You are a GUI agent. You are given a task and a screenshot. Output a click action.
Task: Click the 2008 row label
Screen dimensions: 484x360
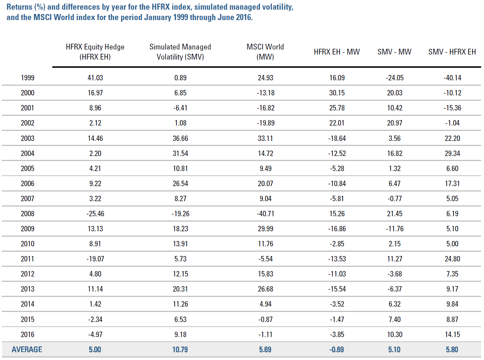pyautogui.click(x=28, y=213)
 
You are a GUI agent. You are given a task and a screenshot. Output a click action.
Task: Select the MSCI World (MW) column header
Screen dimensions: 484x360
pyautogui.click(x=265, y=52)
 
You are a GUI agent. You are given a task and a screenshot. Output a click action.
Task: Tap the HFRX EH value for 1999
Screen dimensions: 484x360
pyautogui.click(x=95, y=78)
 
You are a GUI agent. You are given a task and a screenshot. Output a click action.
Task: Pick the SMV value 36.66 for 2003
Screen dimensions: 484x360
pyautogui.click(x=180, y=138)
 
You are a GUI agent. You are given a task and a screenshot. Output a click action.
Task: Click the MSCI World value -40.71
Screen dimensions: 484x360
pyautogui.click(x=265, y=213)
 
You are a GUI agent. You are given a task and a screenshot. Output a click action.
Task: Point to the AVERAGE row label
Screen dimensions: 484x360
pyautogui.click(x=27, y=349)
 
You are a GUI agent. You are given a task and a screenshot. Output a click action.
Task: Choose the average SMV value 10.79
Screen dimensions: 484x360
pyautogui.click(x=180, y=349)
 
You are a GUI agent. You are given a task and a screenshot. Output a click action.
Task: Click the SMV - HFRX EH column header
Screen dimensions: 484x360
pyautogui.click(x=452, y=52)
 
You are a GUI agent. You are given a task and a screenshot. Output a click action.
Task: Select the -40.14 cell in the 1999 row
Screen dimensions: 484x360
pyautogui.click(x=452, y=78)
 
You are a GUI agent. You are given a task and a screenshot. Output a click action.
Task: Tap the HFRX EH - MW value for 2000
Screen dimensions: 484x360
pyautogui.click(x=337, y=93)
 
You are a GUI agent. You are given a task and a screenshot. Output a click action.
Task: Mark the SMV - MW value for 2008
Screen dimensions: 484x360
pyautogui.click(x=394, y=213)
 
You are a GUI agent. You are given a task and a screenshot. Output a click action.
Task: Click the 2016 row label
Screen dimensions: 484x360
pyautogui.click(x=28, y=334)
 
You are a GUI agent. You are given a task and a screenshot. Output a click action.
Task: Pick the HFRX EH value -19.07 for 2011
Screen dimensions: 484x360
pyautogui.click(x=95, y=259)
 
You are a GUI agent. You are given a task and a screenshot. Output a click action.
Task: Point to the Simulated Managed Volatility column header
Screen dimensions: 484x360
pyautogui.click(x=180, y=52)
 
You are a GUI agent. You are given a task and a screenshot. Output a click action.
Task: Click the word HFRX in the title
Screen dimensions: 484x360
pyautogui.click(x=161, y=7)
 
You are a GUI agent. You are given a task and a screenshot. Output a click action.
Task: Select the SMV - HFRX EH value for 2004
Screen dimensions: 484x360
pyautogui.click(x=452, y=153)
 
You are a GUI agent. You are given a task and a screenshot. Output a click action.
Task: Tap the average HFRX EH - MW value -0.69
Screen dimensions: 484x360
pyautogui.click(x=337, y=349)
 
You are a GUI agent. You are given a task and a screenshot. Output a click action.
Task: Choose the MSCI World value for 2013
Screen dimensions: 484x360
pyautogui.click(x=265, y=289)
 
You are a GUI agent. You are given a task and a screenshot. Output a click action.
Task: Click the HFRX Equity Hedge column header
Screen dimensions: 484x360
pyautogui.click(x=95, y=52)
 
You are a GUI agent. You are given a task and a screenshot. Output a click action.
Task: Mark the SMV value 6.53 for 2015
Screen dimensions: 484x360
pyautogui.click(x=180, y=319)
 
